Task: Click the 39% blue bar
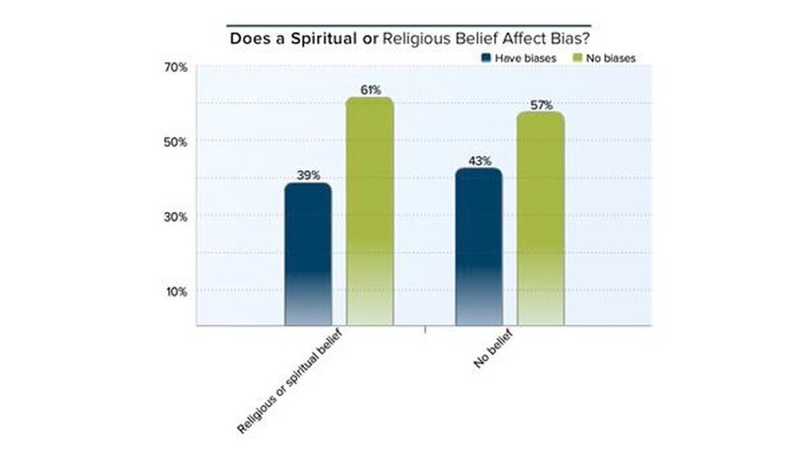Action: click(x=308, y=253)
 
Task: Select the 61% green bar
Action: click(x=369, y=211)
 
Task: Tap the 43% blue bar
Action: click(x=478, y=246)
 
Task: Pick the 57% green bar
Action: click(x=540, y=218)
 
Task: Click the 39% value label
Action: click(x=308, y=175)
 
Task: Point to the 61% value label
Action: click(x=370, y=89)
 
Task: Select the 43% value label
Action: click(x=479, y=161)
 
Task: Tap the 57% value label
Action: click(x=541, y=105)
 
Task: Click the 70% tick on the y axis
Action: click(x=175, y=68)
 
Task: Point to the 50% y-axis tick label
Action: click(x=175, y=142)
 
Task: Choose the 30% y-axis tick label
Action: click(x=175, y=216)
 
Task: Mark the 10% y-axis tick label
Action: click(x=175, y=291)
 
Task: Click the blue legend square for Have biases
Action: click(x=485, y=58)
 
